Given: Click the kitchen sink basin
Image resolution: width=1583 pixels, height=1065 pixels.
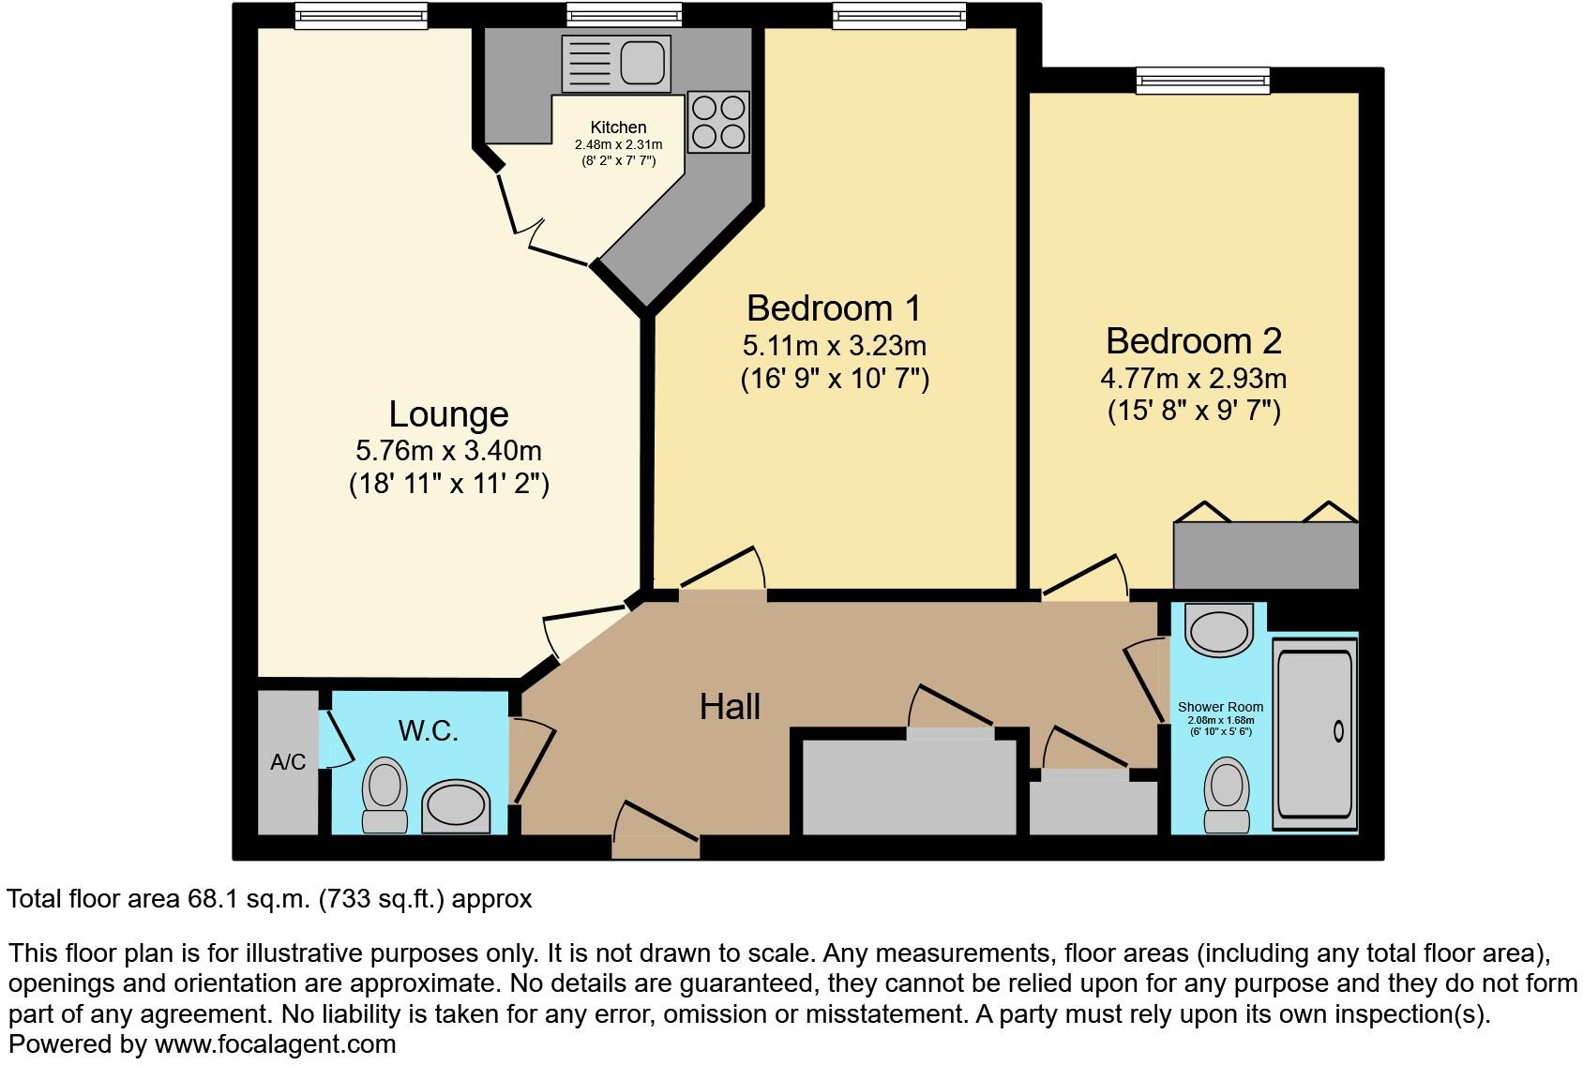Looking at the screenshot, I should coord(642,62).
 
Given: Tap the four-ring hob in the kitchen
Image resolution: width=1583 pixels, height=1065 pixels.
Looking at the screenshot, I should coord(718,122).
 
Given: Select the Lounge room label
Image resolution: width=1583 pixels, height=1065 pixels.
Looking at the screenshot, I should coord(448,413).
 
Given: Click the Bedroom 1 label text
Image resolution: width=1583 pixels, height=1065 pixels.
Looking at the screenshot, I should coord(834,307).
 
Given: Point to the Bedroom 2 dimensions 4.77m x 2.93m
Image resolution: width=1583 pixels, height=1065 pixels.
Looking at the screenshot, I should coord(1193,379).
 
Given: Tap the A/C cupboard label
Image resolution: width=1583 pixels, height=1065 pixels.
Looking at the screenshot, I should coord(288,762).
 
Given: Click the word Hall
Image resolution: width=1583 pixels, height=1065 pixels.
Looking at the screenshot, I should coord(730,706).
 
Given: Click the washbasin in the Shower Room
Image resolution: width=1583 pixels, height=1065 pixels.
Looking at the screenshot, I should coord(1219,628).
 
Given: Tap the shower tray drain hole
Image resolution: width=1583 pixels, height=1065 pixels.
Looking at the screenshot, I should coord(1338,731).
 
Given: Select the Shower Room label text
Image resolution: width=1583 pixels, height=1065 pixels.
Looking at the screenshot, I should coord(1220,707).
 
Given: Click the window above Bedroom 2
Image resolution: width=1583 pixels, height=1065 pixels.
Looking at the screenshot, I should coord(1203,81).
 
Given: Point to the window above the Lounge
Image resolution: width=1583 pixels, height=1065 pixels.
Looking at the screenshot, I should coord(361,15).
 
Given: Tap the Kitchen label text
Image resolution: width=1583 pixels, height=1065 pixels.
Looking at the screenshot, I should coord(618,127).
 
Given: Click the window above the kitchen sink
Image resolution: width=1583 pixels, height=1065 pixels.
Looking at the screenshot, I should coord(624,15).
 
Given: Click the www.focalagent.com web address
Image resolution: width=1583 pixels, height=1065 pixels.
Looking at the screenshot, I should coord(275,1043).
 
